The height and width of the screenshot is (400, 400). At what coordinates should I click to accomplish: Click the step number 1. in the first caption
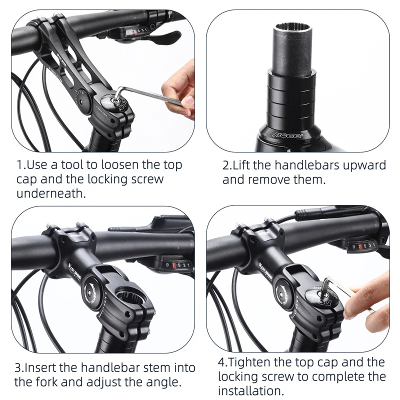coord(21,165)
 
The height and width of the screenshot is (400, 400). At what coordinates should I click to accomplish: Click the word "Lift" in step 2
coord(243,165)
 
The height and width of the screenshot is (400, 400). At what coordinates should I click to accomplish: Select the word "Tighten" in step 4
coord(251,361)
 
